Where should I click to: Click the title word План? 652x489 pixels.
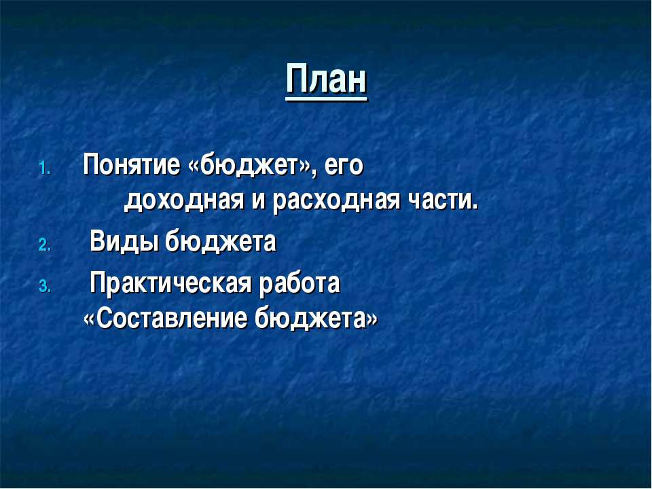pyautogui.click(x=326, y=79)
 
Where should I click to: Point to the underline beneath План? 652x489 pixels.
pyautogui.click(x=326, y=99)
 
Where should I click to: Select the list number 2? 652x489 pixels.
pyautogui.click(x=45, y=245)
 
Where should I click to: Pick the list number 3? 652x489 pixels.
pyautogui.click(x=45, y=287)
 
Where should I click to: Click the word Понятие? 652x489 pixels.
pyautogui.click(x=132, y=165)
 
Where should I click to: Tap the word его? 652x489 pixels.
pyautogui.click(x=344, y=166)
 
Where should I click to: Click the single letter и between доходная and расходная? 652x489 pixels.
pyautogui.click(x=258, y=202)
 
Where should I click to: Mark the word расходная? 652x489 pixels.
pyautogui.click(x=336, y=202)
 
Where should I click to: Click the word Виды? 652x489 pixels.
pyautogui.click(x=125, y=242)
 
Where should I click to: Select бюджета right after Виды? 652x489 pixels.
pyautogui.click(x=221, y=242)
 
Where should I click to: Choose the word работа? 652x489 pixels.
pyautogui.click(x=300, y=283)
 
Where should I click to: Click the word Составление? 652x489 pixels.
pyautogui.click(x=172, y=319)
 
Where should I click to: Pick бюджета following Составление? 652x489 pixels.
pyautogui.click(x=310, y=319)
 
